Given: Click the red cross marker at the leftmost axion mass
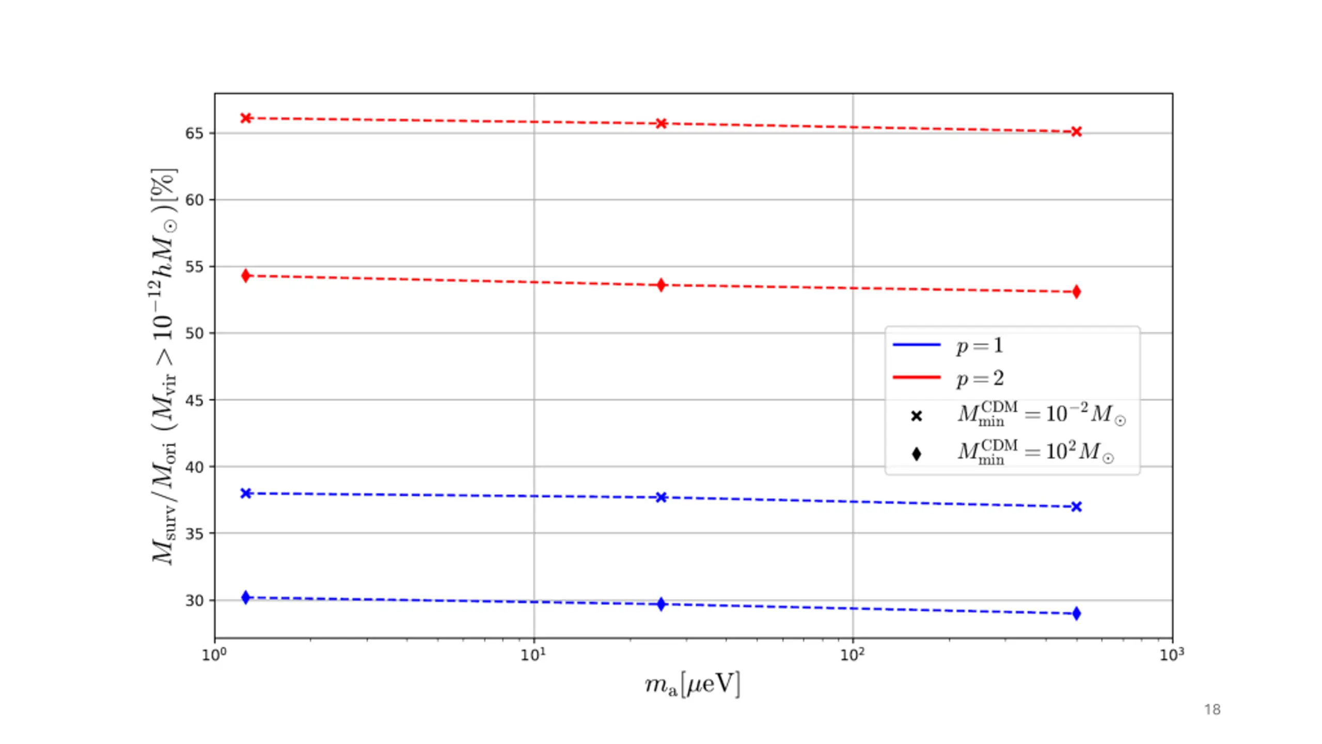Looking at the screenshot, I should click(x=246, y=118).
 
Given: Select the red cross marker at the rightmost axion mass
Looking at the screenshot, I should click(x=1076, y=132).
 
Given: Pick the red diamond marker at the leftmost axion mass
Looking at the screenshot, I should click(x=246, y=276).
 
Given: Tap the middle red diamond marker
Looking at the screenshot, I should click(x=661, y=285).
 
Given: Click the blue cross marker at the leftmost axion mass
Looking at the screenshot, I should click(x=246, y=493).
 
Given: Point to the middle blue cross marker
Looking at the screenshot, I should click(x=661, y=498).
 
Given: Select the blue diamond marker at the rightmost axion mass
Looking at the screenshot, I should click(x=1076, y=614).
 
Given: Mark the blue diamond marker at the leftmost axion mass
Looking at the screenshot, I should click(x=246, y=598).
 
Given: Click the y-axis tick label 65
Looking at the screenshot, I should click(x=194, y=133).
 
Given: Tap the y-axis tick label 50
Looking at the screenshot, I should click(x=194, y=333).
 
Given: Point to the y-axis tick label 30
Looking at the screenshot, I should click(x=194, y=600).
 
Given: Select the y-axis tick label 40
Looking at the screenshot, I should click(x=194, y=467).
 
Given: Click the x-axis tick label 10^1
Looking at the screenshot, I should click(x=533, y=655).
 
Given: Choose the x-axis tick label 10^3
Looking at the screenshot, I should click(x=1171, y=655).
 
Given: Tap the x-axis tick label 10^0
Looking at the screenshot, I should click(x=214, y=655).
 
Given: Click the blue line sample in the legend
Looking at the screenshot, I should click(x=917, y=345).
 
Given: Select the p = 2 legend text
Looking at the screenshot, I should click(x=980, y=378).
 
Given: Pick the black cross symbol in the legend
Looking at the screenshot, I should click(x=917, y=416).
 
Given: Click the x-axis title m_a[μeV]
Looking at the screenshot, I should click(x=692, y=685).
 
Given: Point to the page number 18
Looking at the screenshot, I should click(x=1212, y=710).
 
